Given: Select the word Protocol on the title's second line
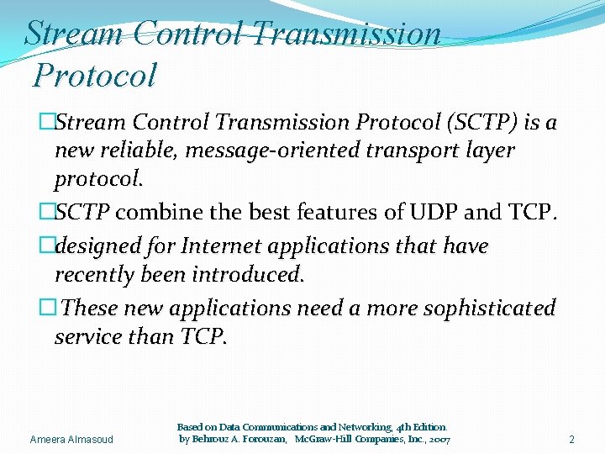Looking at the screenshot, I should pos(95,76).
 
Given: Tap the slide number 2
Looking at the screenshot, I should pos(571,440).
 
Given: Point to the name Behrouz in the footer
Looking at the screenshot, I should pos(213,440).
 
